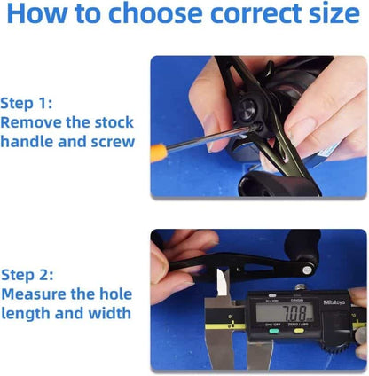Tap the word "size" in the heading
pos(334,13)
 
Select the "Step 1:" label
pos(27,104)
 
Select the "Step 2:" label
pos(27,275)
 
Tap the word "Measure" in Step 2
pos(34,294)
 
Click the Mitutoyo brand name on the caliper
pos(334,302)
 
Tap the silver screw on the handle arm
pos(307,270)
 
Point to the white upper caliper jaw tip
pos(223,282)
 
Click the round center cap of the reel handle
pos(247,109)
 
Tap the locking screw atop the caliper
pos(300,286)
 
